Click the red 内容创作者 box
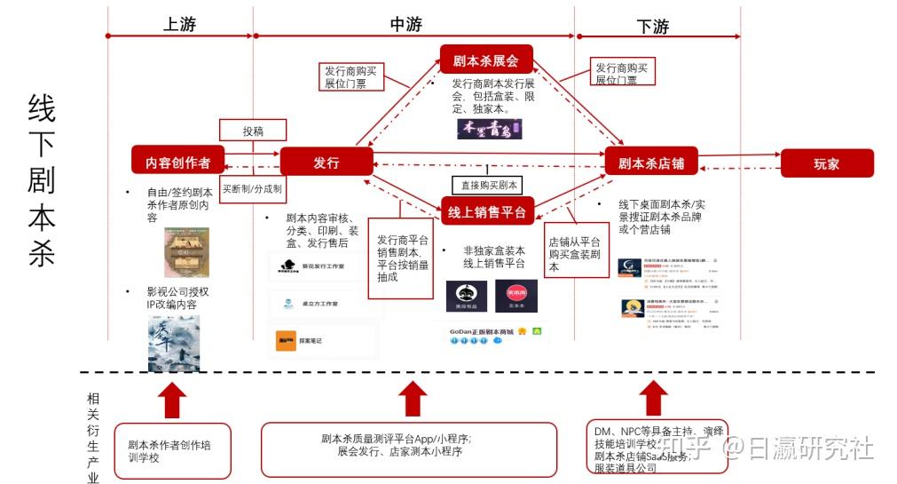coord(177,162)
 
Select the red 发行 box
coord(326,162)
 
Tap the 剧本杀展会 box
coord(485,60)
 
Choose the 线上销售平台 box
coord(486,211)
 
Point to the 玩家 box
coord(826,163)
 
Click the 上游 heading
coord(179,25)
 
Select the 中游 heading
coord(405,25)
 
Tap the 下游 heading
coord(653,27)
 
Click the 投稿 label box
coord(253,131)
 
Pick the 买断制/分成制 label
coord(253,189)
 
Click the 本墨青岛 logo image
coord(489,129)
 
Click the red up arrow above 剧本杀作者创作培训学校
coord(175,400)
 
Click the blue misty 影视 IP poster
coord(174,342)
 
